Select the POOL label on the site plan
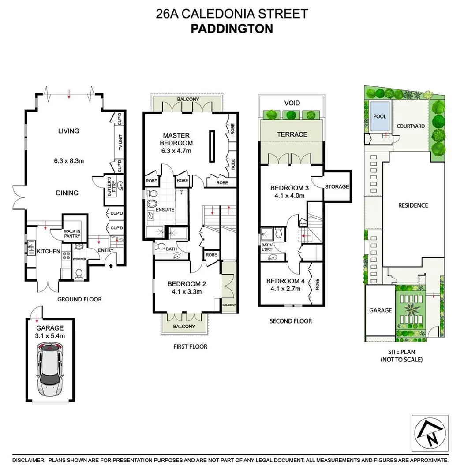379,117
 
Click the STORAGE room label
337,186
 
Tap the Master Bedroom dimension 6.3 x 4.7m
177,151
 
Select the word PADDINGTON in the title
232,29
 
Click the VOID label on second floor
292,103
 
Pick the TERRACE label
292,134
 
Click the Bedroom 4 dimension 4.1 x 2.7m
284,289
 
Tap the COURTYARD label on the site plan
411,126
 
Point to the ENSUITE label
165,210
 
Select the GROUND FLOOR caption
79,299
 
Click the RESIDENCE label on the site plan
413,205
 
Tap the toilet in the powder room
79,274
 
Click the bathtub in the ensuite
182,206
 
